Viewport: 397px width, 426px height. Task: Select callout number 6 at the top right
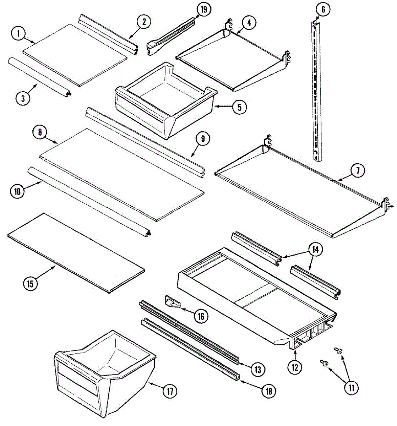point(323,10)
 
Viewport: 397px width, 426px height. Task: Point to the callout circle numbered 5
point(239,107)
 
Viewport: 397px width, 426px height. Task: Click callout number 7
point(358,171)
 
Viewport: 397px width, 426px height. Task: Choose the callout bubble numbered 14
point(315,250)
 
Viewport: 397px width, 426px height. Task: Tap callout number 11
point(351,388)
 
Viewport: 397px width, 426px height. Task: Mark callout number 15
point(31,284)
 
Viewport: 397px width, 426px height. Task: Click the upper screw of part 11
point(338,351)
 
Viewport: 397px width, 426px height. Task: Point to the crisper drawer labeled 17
point(103,376)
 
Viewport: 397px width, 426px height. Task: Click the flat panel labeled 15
point(76,252)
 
